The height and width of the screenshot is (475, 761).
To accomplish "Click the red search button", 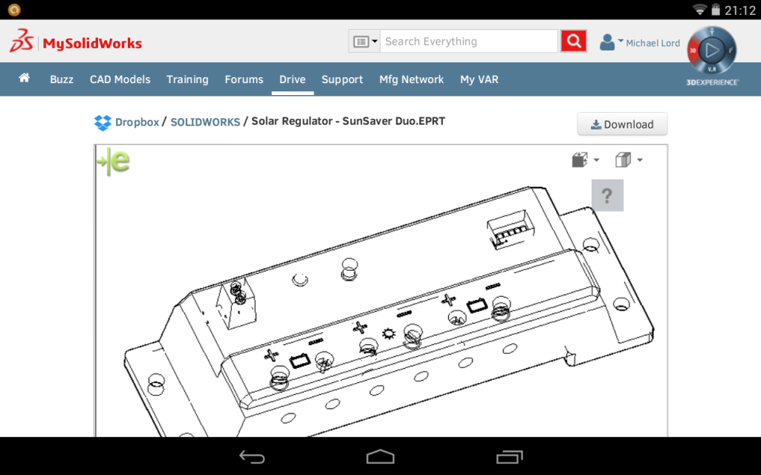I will (573, 42).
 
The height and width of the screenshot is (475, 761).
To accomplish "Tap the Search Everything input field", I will (469, 42).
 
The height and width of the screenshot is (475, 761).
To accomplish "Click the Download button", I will (622, 125).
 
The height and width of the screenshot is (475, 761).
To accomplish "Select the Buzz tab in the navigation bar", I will (62, 79).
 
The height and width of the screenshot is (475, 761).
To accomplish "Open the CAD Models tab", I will (120, 79).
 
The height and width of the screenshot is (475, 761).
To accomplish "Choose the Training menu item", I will (187, 79).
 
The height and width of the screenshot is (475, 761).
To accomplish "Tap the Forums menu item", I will (244, 79).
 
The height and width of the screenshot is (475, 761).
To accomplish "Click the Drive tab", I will (292, 79).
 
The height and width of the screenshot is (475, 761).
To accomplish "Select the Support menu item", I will (342, 79).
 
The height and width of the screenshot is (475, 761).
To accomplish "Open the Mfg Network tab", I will (411, 79).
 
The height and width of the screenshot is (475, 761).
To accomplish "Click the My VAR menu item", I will (479, 79).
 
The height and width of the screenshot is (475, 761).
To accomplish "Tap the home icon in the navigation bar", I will (25, 78).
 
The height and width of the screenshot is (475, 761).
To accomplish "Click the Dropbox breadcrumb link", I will (137, 122).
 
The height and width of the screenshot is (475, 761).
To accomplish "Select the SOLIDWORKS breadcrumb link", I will (205, 122).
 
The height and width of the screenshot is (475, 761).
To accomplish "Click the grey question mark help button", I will (607, 196).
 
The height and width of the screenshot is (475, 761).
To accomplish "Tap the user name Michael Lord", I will (652, 43).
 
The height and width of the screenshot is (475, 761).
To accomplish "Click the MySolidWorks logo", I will (76, 42).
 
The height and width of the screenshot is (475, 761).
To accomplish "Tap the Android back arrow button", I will (252, 456).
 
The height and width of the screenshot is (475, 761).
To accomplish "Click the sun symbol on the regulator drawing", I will (387, 333).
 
